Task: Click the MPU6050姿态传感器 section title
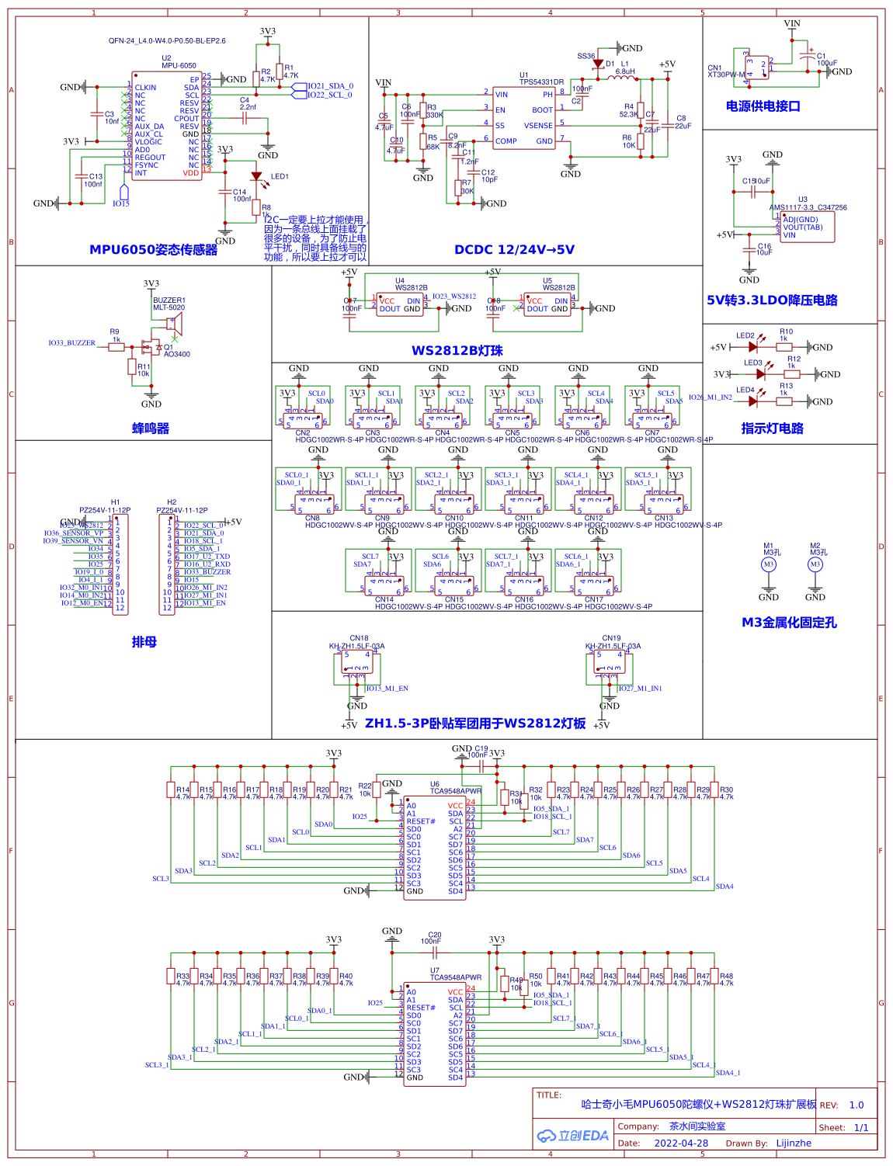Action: click(153, 250)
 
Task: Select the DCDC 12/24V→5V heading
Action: click(514, 250)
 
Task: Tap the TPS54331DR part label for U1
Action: click(542, 82)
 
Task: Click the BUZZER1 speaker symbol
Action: click(175, 324)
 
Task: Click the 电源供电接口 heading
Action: click(763, 106)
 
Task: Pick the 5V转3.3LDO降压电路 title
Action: click(772, 300)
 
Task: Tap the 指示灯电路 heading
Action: click(772, 429)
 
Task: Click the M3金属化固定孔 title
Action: click(789, 623)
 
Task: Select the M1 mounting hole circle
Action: click(768, 564)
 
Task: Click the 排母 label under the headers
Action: click(144, 642)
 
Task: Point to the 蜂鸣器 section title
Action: click(151, 429)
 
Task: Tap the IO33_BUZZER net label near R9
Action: click(71, 342)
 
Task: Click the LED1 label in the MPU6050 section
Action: click(280, 176)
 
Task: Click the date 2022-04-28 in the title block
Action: click(681, 1143)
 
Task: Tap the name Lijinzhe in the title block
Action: click(794, 1143)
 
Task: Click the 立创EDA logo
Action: click(573, 1136)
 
